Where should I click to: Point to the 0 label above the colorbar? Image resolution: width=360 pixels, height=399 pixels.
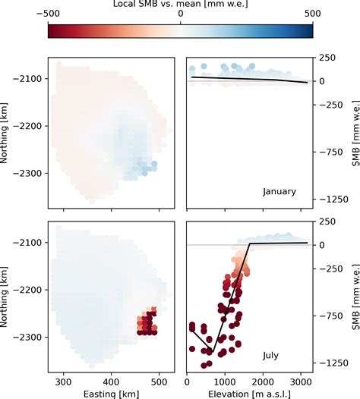[180, 13]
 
